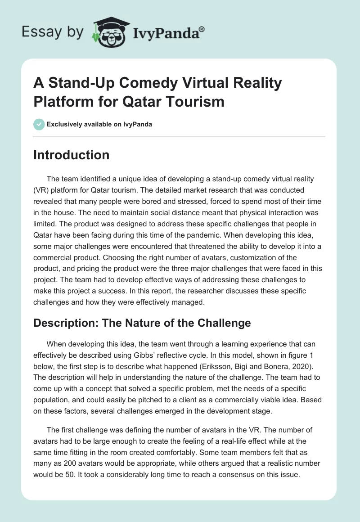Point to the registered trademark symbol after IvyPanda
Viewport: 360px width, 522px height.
pyautogui.click(x=202, y=29)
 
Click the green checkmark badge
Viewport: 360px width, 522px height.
pyautogui.click(x=39, y=124)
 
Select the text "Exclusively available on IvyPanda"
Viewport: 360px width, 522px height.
pyautogui.click(x=99, y=124)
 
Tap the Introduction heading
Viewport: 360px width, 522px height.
pyautogui.click(x=72, y=155)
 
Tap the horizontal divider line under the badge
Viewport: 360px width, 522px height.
pyautogui.click(x=180, y=136)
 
